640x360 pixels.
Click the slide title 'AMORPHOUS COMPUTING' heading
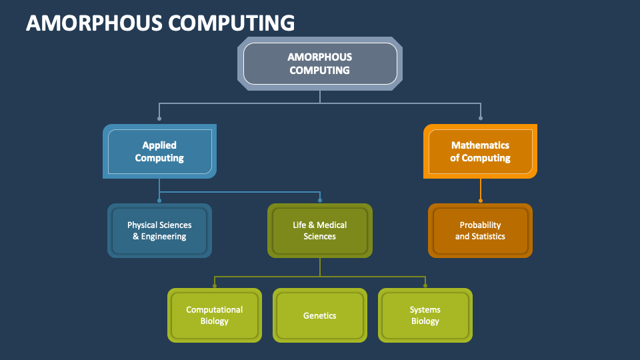tap(160, 23)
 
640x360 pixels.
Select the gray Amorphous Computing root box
tap(320, 64)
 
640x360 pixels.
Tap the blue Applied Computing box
tap(159, 151)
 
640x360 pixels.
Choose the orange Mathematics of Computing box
tap(480, 151)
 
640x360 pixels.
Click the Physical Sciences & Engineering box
tap(159, 231)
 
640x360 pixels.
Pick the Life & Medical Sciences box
tap(320, 231)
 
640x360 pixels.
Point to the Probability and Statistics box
tap(480, 231)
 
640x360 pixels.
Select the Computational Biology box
tap(214, 315)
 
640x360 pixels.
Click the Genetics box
tap(320, 315)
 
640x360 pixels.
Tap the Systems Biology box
tap(425, 315)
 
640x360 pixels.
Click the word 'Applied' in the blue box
tap(159, 145)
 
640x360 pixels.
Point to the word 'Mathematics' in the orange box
tap(480, 145)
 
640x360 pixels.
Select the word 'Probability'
tap(480, 225)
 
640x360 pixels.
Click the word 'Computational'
tap(214, 309)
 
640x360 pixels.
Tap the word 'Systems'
tap(425, 309)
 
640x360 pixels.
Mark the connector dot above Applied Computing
tap(159, 119)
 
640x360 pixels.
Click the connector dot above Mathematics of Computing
tap(480, 119)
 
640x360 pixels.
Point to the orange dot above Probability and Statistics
tap(480, 199)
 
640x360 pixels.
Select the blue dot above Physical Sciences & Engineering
tap(159, 199)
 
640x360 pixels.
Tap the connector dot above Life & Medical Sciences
tap(320, 199)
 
